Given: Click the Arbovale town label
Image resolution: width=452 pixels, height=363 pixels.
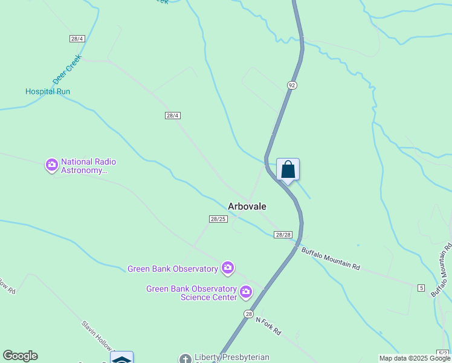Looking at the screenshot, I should (247, 206).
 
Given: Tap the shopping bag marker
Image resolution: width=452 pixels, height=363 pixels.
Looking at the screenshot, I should (288, 169).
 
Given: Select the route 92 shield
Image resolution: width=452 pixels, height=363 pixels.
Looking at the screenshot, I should (292, 85).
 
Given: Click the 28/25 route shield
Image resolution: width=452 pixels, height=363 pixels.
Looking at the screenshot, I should (218, 219).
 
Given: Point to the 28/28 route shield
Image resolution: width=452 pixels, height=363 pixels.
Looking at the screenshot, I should (283, 235).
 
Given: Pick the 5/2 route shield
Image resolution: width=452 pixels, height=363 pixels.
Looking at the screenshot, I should (443, 353).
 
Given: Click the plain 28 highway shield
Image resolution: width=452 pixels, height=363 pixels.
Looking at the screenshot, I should (249, 314).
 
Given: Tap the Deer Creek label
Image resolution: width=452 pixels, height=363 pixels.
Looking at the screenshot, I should (67, 71).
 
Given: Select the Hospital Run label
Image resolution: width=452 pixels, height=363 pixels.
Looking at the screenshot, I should (48, 92).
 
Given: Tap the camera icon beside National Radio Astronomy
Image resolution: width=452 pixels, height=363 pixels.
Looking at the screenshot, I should (52, 165).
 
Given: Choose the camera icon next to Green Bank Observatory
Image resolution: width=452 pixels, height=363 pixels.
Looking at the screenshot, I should (228, 267).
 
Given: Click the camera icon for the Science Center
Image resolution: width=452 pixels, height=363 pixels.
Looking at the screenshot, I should (246, 293).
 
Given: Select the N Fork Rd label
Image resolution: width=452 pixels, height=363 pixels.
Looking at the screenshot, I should (268, 326).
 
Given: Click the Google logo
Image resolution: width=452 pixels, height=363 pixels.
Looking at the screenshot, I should (21, 356).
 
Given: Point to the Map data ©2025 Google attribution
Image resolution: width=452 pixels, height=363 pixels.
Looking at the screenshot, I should (415, 358).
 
